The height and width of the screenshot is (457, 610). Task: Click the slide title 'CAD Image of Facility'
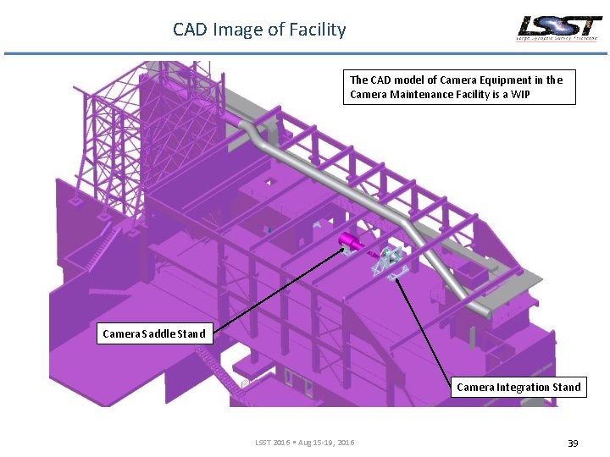pyautogui.click(x=259, y=30)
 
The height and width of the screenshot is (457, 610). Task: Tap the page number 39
pyautogui.click(x=573, y=443)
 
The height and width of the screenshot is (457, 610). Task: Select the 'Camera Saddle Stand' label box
pyautogui.click(x=153, y=333)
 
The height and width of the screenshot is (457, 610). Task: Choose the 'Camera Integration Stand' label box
pyautogui.click(x=518, y=387)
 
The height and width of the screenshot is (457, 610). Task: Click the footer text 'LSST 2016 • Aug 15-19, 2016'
pyautogui.click(x=305, y=443)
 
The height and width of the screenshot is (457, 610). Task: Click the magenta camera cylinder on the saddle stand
pyautogui.click(x=349, y=243)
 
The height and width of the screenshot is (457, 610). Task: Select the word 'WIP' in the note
pyautogui.click(x=519, y=95)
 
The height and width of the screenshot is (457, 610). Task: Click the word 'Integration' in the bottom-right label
pyautogui.click(x=523, y=387)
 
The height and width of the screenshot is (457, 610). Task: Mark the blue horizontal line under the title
pyautogui.click(x=305, y=54)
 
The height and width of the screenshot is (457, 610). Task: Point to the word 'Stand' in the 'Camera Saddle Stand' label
pyautogui.click(x=191, y=333)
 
